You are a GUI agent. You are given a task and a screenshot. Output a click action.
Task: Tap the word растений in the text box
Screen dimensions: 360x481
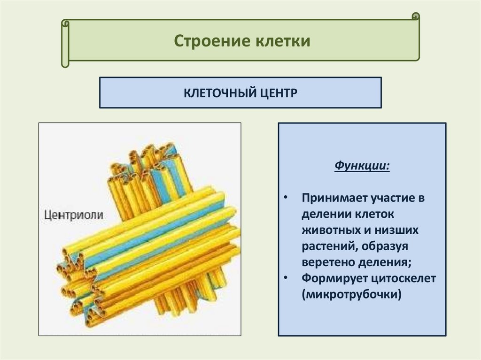(x=328, y=246)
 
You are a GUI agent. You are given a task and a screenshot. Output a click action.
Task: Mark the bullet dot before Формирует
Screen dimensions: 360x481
(x=287, y=278)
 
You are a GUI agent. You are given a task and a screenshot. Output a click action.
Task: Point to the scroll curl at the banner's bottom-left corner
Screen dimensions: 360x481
(x=65, y=63)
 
